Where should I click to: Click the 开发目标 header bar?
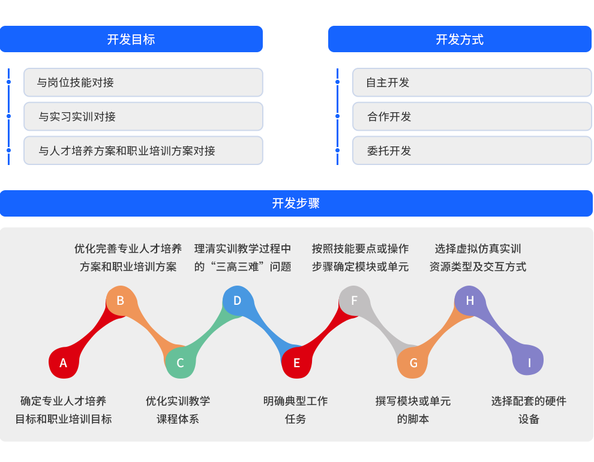pyautogui.click(x=131, y=39)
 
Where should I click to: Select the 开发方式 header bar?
pyautogui.click(x=460, y=39)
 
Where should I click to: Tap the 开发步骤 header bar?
pyautogui.click(x=296, y=203)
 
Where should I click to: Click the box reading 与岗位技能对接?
pyautogui.click(x=143, y=83)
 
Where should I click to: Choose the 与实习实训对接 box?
pyautogui.click(x=143, y=116)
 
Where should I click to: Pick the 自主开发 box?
pyautogui.click(x=472, y=83)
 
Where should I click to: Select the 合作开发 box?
pyautogui.click(x=472, y=116)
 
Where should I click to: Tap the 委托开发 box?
pyautogui.click(x=472, y=151)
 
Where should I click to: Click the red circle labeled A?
pyautogui.click(x=64, y=362)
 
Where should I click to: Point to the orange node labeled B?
pyautogui.click(x=121, y=301)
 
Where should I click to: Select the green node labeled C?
pyautogui.click(x=181, y=362)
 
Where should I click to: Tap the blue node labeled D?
pyautogui.click(x=238, y=301)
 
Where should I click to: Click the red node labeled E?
pyautogui.click(x=296, y=362)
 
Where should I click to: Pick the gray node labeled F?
pyautogui.click(x=354, y=301)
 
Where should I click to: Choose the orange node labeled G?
pyautogui.click(x=413, y=362)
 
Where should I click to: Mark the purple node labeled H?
pyautogui.click(x=470, y=301)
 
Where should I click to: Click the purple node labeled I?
pyautogui.click(x=528, y=360)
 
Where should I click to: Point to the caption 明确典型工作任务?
pyautogui.click(x=295, y=410)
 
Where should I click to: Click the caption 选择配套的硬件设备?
pyautogui.click(x=529, y=410)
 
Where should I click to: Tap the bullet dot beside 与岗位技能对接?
pyautogui.click(x=9, y=82)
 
